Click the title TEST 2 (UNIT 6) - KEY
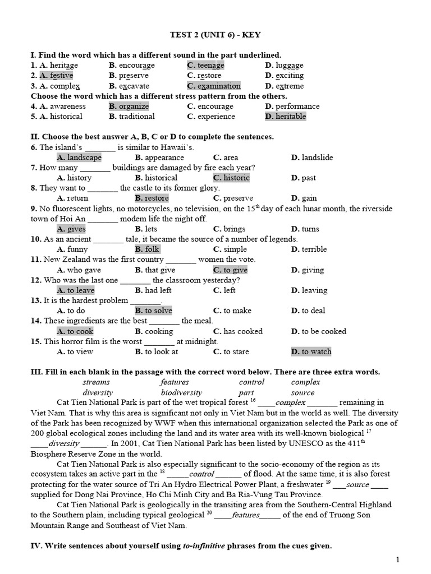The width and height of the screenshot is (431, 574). click(x=215, y=35)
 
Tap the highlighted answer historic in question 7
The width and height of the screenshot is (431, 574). click(x=231, y=178)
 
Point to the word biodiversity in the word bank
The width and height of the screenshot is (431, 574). click(x=181, y=392)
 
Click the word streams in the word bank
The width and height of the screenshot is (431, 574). click(x=96, y=382)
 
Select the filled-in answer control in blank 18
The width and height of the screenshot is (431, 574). click(x=201, y=474)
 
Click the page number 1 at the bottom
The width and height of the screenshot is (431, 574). click(x=398, y=559)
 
